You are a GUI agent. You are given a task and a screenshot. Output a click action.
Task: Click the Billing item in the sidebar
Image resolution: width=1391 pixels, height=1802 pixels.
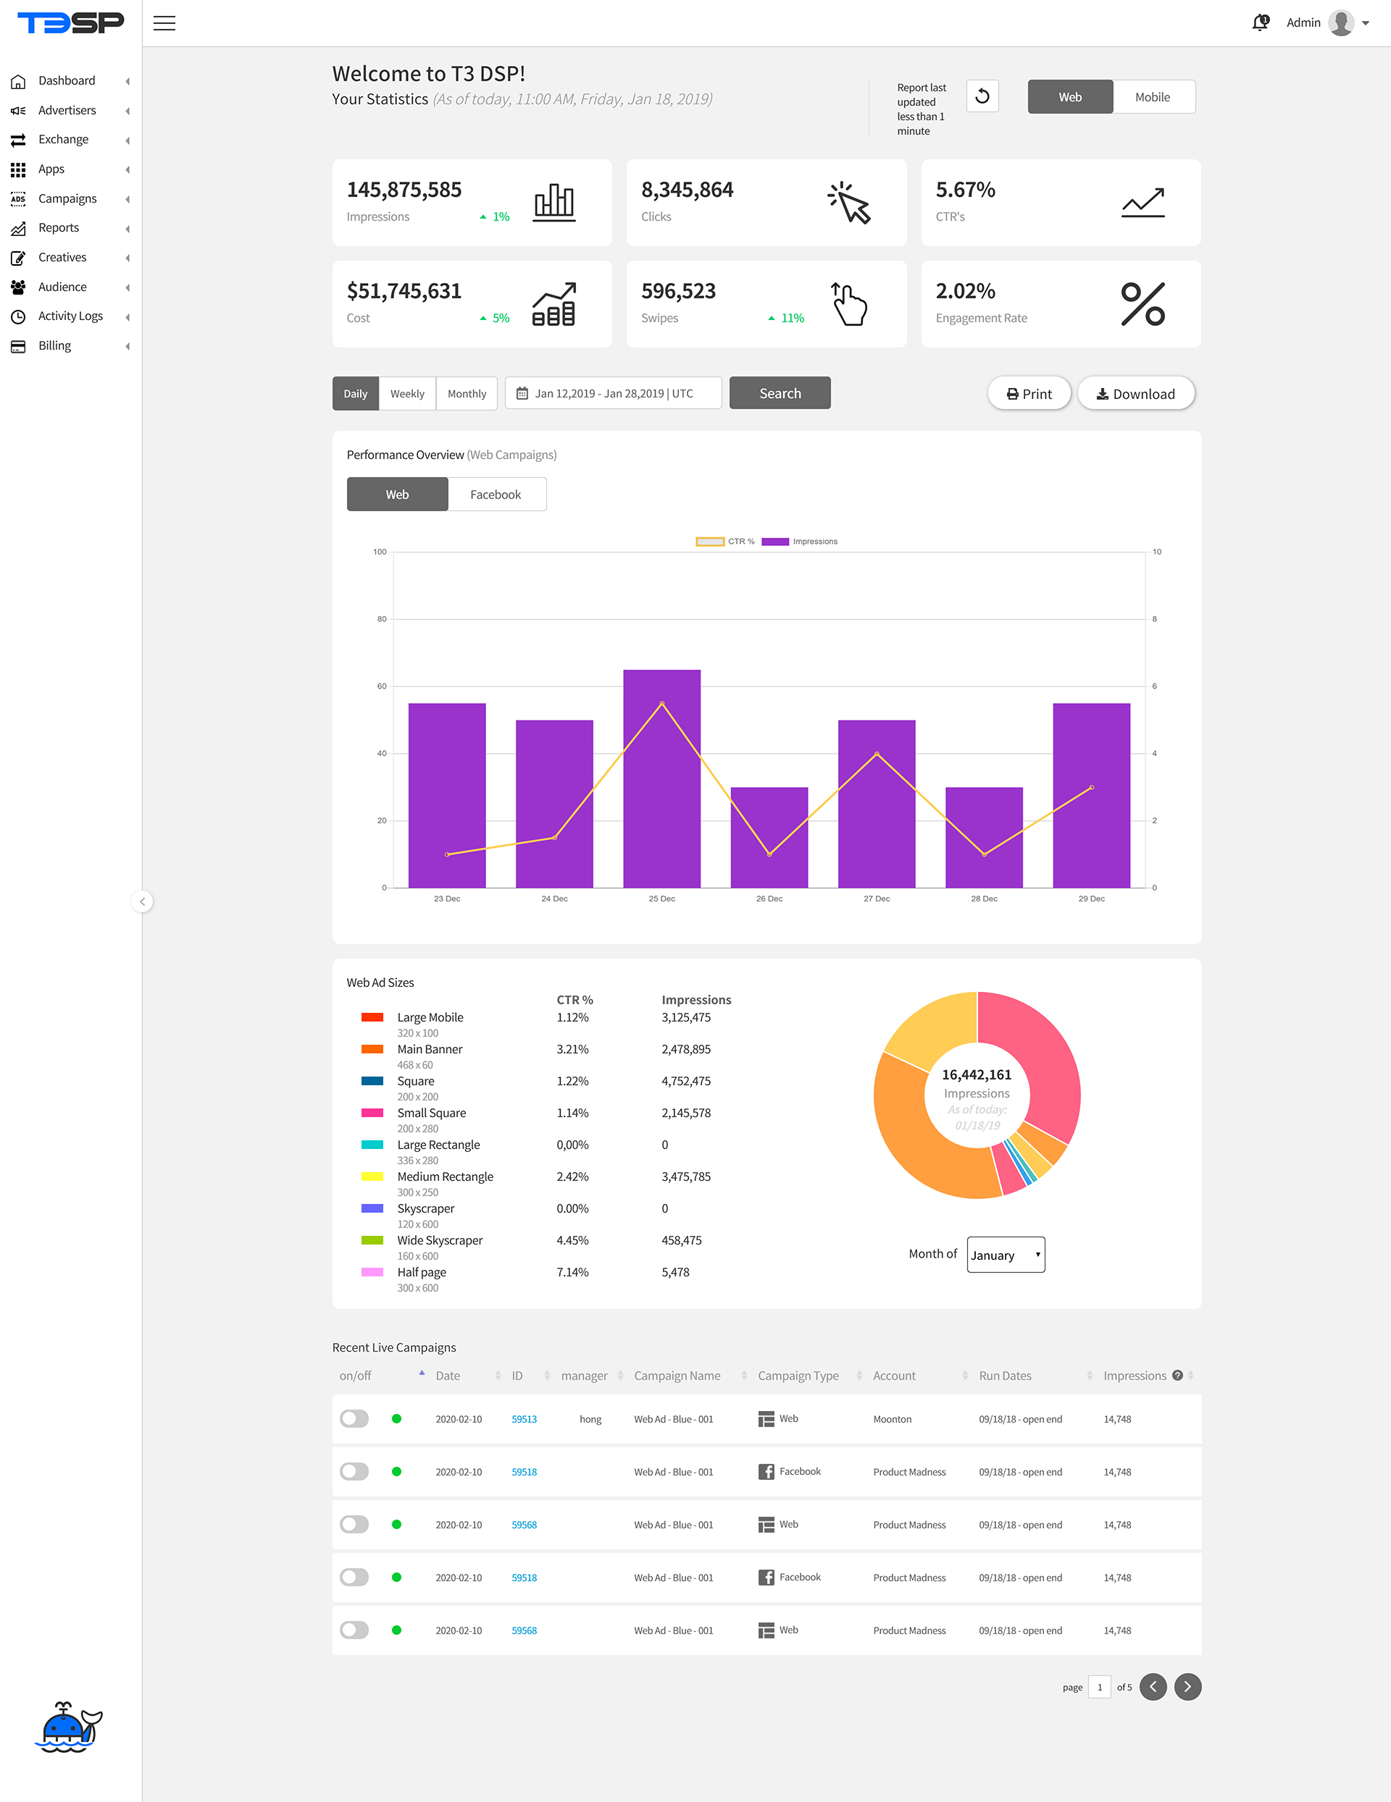tap(54, 346)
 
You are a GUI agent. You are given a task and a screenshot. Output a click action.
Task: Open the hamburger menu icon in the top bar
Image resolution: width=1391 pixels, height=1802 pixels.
tap(164, 23)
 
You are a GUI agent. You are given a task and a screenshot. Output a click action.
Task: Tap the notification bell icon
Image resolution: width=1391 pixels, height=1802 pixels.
tap(1260, 22)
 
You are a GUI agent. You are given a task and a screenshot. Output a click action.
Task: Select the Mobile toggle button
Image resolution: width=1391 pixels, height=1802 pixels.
tap(1153, 96)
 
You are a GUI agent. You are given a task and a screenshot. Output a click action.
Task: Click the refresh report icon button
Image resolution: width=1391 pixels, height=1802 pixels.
tap(982, 96)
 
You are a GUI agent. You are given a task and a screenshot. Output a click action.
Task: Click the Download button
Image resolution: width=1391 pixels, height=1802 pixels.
tap(1136, 394)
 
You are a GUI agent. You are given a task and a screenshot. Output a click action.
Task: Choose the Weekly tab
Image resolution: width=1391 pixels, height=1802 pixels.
tap(407, 394)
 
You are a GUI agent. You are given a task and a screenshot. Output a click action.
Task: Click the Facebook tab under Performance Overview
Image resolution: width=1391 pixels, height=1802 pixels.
tap(496, 494)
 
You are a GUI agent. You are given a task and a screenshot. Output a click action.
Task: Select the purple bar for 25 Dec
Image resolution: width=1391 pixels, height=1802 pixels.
tap(662, 778)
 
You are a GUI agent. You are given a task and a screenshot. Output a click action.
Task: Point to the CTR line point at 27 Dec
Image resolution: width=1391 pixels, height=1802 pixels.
tap(877, 754)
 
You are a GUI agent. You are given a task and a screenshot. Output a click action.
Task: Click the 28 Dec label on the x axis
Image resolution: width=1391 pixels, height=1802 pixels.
tap(984, 898)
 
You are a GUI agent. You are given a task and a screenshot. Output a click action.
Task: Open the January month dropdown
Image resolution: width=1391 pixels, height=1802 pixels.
tap(1006, 1254)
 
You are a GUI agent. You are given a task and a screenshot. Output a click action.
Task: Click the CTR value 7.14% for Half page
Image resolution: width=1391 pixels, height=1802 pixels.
tap(572, 1272)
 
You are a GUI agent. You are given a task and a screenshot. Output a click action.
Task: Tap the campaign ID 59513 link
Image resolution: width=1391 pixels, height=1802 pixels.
tap(525, 1419)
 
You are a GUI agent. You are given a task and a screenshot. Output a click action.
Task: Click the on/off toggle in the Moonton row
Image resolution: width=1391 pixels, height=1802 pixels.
tap(354, 1418)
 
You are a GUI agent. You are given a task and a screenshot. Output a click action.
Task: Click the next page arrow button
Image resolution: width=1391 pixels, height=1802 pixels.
tap(1187, 1686)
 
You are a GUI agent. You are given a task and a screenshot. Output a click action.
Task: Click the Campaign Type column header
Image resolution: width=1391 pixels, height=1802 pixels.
tap(798, 1376)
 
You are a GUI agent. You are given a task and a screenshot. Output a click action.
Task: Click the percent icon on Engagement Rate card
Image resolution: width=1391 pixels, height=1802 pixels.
tap(1143, 303)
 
